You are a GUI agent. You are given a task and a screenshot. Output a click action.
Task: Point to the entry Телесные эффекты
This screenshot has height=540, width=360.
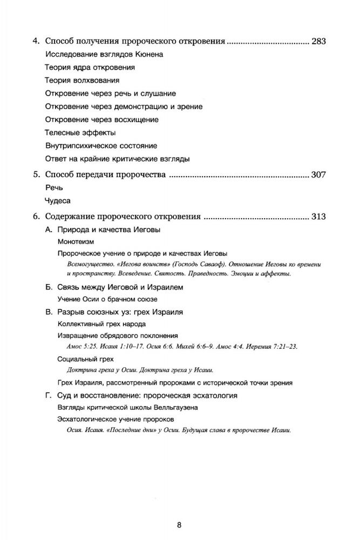point(80,132)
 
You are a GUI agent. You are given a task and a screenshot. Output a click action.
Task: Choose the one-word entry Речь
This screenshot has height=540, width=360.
point(54,187)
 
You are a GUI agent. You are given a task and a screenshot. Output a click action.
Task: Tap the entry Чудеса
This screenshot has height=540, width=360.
point(57,200)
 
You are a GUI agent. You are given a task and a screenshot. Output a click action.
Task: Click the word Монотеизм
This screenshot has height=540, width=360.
point(78,242)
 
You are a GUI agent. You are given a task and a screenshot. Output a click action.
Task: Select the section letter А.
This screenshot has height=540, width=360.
point(47,230)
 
